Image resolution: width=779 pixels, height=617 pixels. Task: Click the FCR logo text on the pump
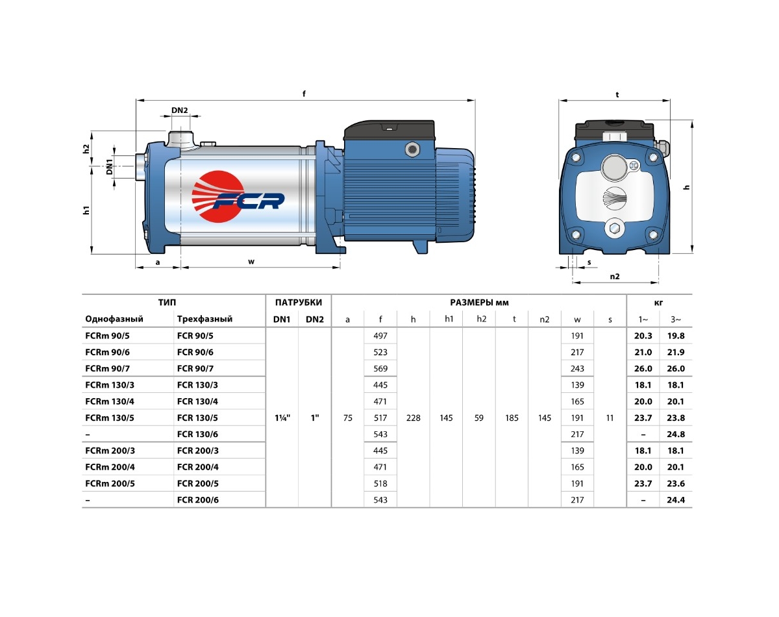[x=249, y=201]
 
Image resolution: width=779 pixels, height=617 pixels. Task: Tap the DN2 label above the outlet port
[x=180, y=110]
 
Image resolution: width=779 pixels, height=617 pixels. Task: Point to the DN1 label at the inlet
[x=109, y=167]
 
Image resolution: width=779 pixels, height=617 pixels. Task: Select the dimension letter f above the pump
[x=304, y=94]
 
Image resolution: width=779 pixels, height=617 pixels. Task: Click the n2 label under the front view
[x=615, y=277]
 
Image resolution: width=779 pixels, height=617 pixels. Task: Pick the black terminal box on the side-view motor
[x=389, y=131]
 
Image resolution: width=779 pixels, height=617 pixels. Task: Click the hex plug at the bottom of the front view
[x=614, y=229]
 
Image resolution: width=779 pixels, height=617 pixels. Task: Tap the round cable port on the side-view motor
[x=412, y=149]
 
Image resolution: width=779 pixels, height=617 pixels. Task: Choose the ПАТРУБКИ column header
[x=298, y=303]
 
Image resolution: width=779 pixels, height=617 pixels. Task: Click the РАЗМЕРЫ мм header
[x=479, y=303]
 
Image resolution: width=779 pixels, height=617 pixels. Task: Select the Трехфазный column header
[x=204, y=319]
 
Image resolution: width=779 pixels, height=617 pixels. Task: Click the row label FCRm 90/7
[x=108, y=368]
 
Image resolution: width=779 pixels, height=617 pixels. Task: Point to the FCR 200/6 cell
[x=198, y=499]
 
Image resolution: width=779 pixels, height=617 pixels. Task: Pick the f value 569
[x=380, y=368]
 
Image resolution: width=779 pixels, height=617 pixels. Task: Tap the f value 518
[x=380, y=483]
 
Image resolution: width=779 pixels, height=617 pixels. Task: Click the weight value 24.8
[x=676, y=434]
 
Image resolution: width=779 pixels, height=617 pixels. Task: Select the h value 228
[x=414, y=418]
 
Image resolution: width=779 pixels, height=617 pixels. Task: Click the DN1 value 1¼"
[x=282, y=418]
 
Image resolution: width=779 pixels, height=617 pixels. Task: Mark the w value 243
[x=577, y=368]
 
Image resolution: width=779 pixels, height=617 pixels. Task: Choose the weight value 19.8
[x=676, y=336]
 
